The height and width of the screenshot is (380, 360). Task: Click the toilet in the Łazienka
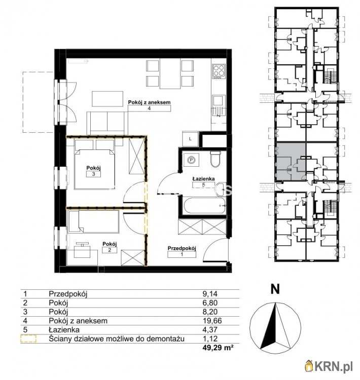tap(215, 159)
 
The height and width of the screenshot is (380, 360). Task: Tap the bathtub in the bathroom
tap(205, 206)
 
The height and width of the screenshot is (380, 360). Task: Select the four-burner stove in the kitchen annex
tap(219, 71)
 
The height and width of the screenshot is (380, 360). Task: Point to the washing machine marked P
tap(191, 160)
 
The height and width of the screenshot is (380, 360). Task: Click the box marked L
tap(191, 139)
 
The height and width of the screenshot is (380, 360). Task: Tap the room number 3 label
tap(93, 174)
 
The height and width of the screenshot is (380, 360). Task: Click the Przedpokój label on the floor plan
tap(182, 248)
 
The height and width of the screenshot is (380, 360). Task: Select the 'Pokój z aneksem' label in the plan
tap(149, 102)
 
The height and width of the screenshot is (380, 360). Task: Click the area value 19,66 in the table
tap(212, 321)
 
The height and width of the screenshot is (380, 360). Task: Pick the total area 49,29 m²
tap(218, 348)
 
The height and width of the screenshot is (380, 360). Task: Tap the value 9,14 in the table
tap(210, 294)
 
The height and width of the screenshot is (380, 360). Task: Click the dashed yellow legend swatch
tap(28, 338)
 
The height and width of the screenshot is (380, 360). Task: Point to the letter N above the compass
tap(275, 289)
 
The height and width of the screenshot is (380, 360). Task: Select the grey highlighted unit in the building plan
tap(291, 162)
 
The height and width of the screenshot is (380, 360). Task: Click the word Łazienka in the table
tap(64, 330)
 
